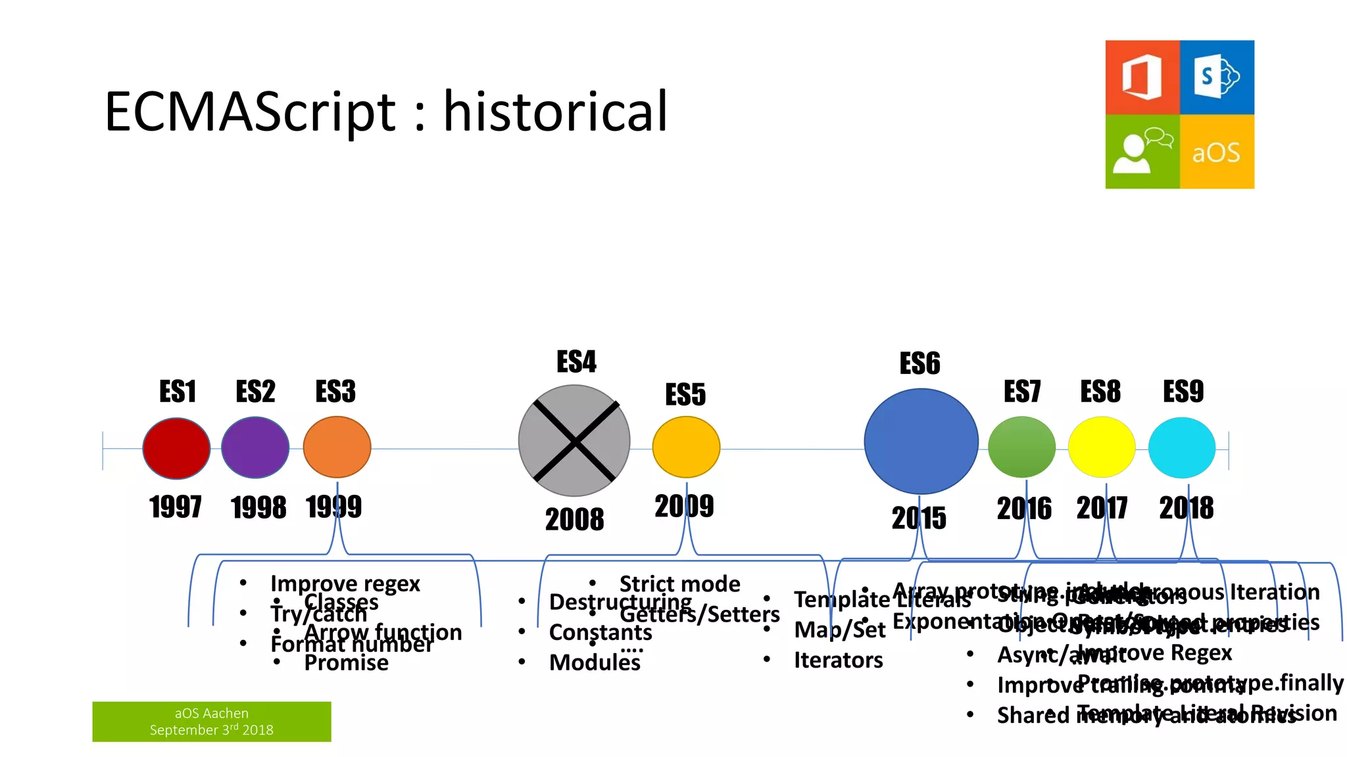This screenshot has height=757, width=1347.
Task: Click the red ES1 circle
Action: coord(176,448)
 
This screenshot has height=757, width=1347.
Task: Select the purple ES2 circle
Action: coord(255,447)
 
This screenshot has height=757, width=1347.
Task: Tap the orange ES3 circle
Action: coord(337,447)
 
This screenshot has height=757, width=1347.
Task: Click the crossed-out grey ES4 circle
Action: coord(574,441)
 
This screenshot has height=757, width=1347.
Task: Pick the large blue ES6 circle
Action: coord(921,442)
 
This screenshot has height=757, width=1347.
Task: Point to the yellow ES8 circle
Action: coord(1102,447)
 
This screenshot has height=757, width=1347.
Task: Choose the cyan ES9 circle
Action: coord(1181,447)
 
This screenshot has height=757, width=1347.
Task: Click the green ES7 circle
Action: coord(1021,447)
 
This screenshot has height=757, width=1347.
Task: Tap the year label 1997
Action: coord(175,507)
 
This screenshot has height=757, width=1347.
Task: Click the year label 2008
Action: coord(574,520)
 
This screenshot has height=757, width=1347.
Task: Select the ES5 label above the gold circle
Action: coord(685,395)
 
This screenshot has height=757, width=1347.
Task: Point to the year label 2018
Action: coord(1186,508)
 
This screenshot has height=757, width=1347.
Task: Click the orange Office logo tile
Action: coord(1142,78)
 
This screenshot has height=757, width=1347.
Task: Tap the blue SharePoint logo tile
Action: coord(1217,78)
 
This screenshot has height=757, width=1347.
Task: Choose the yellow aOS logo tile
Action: coord(1217,152)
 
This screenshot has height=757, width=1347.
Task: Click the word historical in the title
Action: coord(556,112)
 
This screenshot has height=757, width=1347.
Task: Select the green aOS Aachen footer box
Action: coord(211,722)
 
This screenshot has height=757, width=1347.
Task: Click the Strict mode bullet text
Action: coord(679,584)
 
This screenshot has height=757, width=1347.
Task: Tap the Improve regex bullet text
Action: coord(345,583)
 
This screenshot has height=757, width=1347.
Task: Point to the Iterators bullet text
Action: coord(838,660)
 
